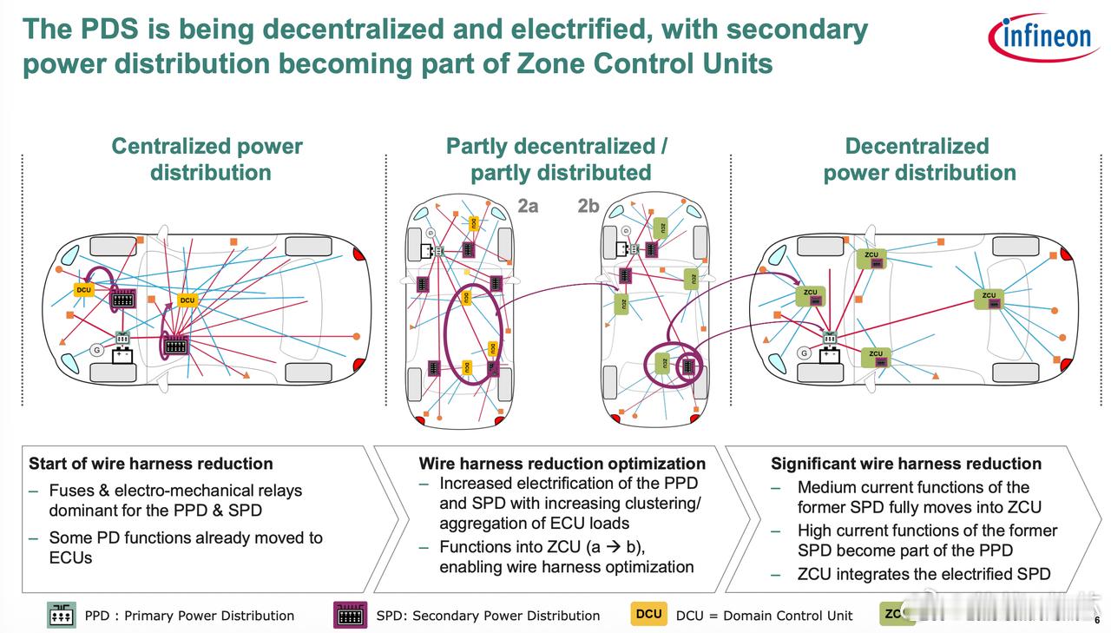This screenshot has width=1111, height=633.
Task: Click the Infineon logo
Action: [1042, 37]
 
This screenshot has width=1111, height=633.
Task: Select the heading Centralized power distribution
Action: [208, 159]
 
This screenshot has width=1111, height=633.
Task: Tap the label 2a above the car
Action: [528, 206]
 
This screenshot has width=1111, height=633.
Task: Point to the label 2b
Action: [588, 206]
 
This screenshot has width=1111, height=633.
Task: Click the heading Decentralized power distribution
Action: [918, 159]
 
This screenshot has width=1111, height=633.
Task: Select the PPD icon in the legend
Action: [62, 615]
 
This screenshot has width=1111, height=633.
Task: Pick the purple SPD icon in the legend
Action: [351, 615]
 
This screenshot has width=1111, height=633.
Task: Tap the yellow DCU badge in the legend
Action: [648, 614]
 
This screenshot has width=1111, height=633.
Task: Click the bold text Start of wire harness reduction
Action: [151, 464]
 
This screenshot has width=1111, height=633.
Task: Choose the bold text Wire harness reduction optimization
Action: [562, 464]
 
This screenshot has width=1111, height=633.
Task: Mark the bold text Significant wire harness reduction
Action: [905, 464]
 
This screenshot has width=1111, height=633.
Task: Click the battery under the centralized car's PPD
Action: [123, 355]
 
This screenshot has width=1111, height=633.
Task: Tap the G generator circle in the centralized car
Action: [97, 350]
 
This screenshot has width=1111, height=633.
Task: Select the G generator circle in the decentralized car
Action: [805, 353]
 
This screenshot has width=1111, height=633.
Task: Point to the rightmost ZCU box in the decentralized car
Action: [989, 299]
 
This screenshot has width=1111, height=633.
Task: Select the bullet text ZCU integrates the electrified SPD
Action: [924, 574]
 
